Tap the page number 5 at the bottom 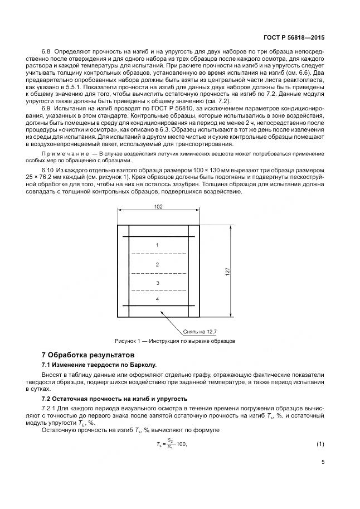click(x=323, y=462)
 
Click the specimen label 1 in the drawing click(x=158, y=245)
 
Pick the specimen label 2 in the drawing click(x=158, y=264)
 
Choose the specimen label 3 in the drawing click(x=158, y=283)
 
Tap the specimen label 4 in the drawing click(x=158, y=299)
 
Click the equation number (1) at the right click(x=320, y=444)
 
